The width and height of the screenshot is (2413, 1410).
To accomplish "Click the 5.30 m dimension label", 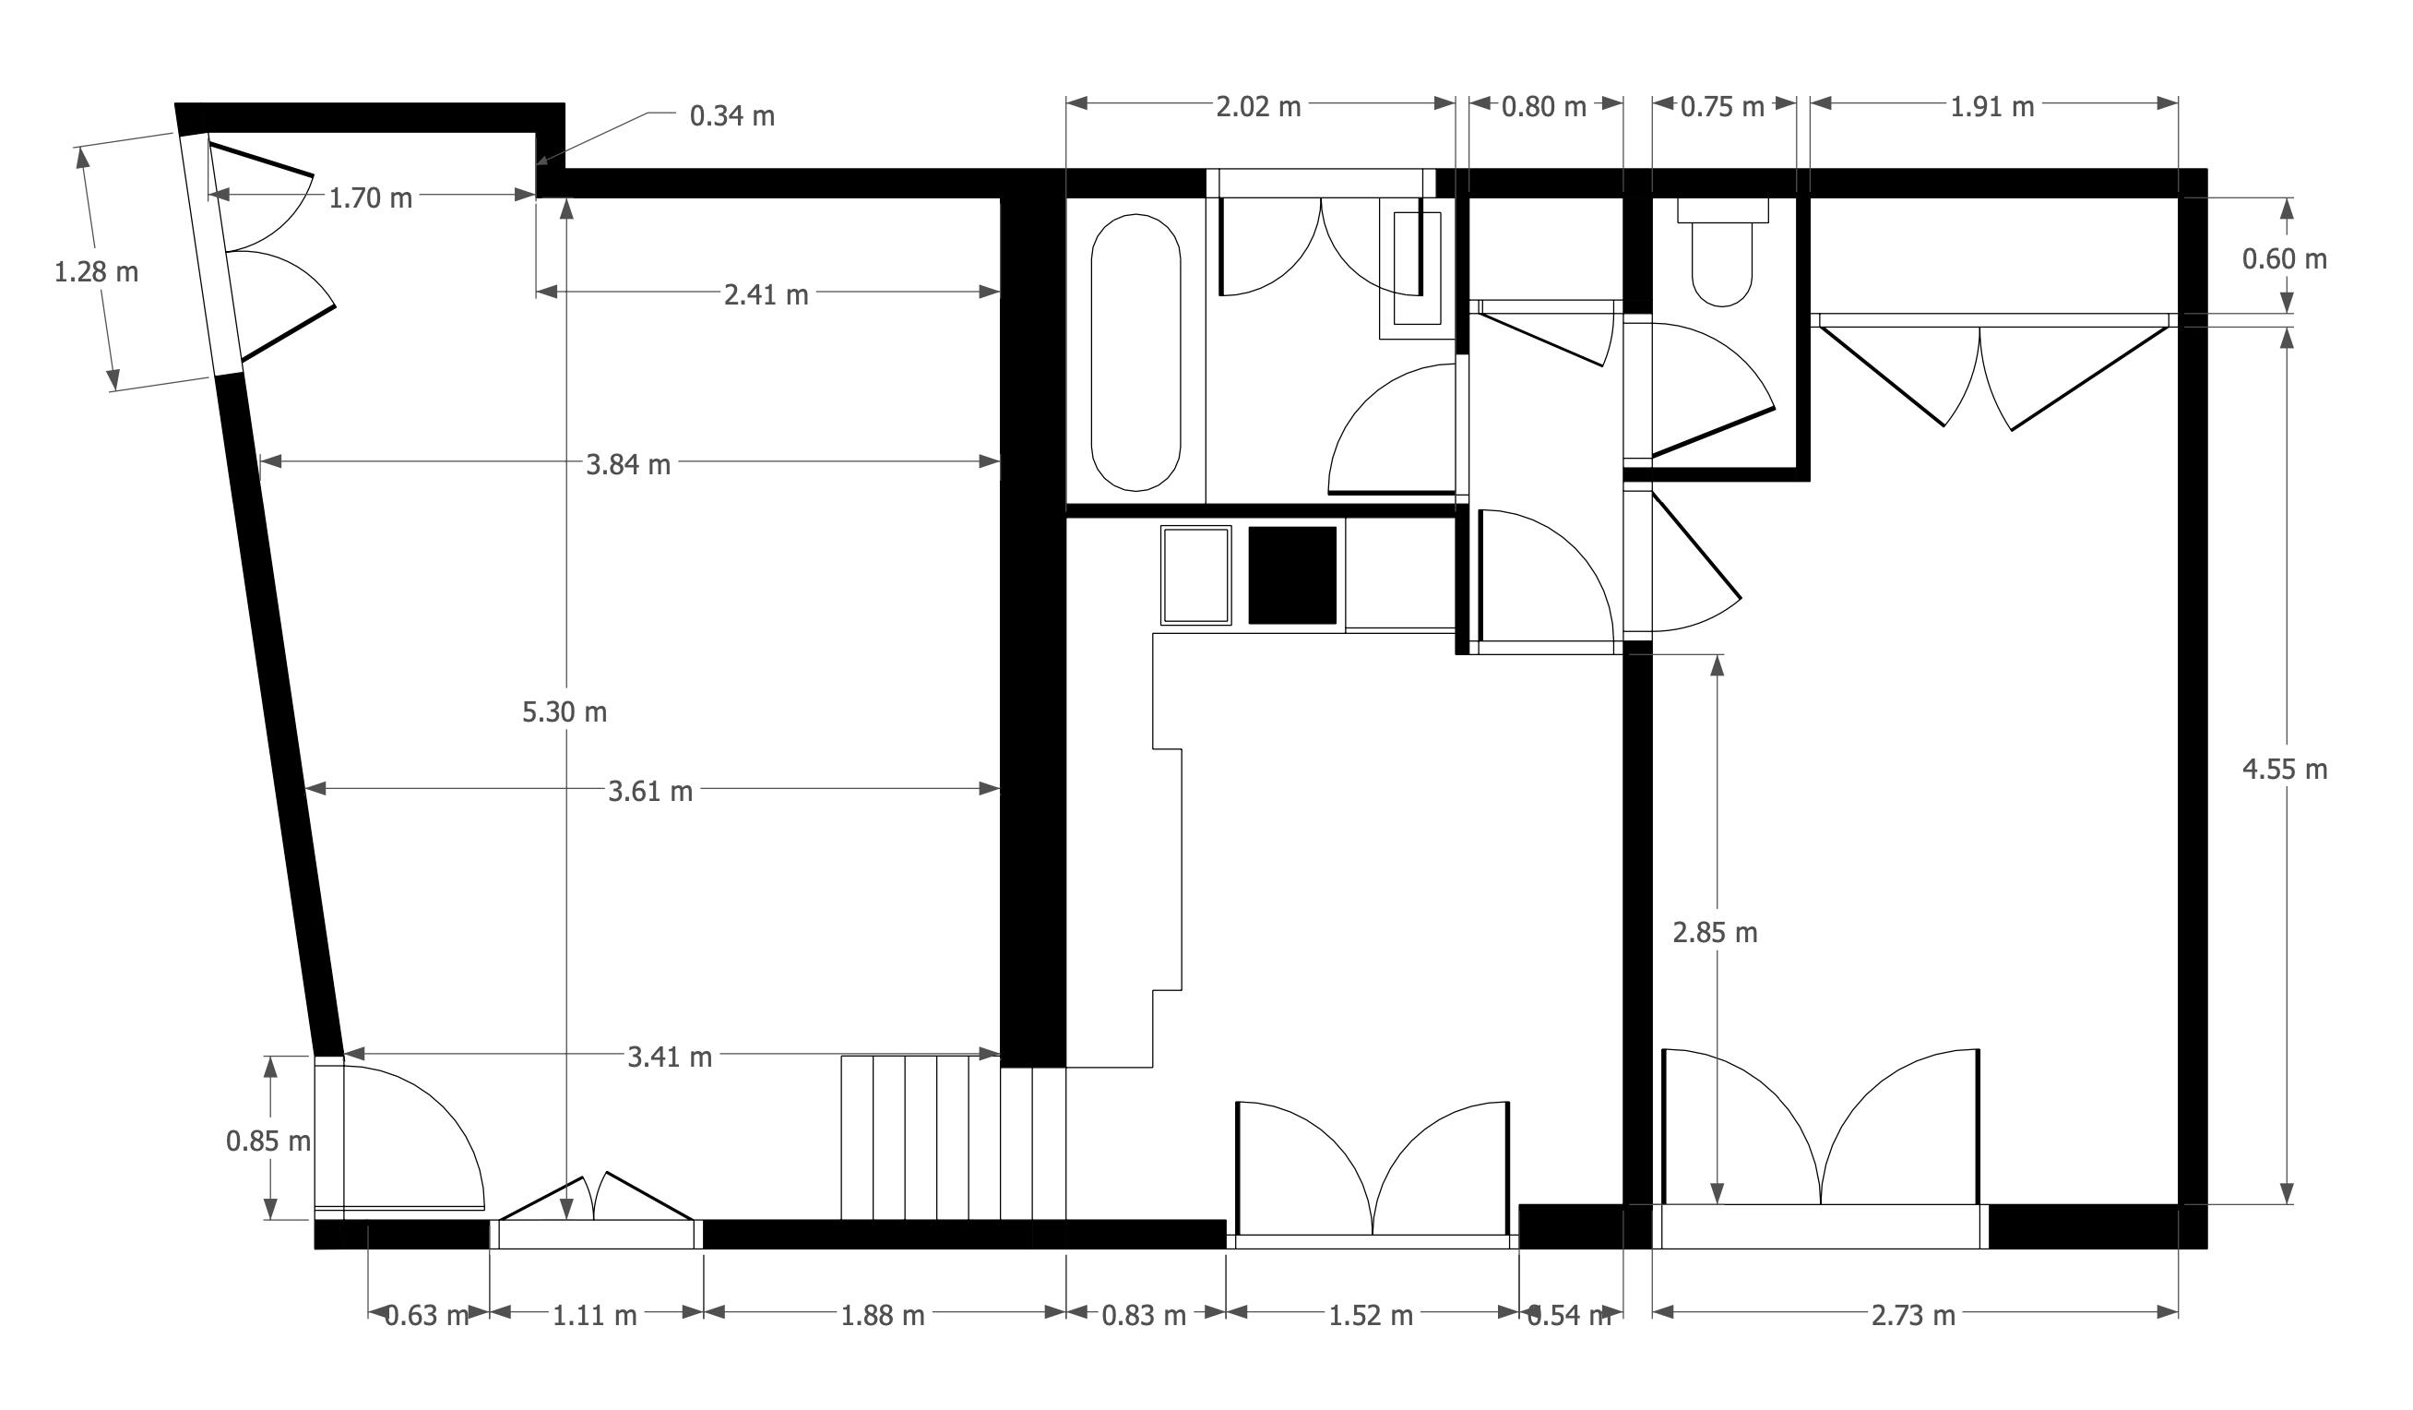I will point(564,711).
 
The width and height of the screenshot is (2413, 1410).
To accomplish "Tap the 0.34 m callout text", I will point(731,116).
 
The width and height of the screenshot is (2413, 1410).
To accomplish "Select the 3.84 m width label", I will point(628,464).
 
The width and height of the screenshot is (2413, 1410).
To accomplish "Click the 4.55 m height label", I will point(2284,770).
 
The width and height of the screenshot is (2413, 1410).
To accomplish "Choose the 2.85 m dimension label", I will point(1714,932).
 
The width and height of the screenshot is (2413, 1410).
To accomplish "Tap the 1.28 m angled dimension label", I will point(96,272).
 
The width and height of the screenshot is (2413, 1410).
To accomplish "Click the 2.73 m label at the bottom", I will point(1913,1315).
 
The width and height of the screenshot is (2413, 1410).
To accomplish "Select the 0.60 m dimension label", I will point(2284,258).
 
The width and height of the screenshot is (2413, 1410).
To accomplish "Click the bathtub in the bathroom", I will point(1135,352).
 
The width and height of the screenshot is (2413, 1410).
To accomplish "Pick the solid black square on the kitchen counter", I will point(1291,575).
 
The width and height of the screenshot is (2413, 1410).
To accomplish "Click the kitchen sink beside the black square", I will point(1195,575).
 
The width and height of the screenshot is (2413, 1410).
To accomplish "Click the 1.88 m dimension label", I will point(882,1315).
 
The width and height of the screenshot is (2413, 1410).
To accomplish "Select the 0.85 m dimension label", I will point(268,1141).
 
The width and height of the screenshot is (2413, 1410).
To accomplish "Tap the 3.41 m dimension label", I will point(670,1057).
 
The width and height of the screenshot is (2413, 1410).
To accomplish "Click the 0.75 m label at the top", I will point(1721,106).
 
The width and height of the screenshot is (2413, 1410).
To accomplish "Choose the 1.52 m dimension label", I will point(1371,1315).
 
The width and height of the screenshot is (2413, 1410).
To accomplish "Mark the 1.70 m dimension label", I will point(371,197).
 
